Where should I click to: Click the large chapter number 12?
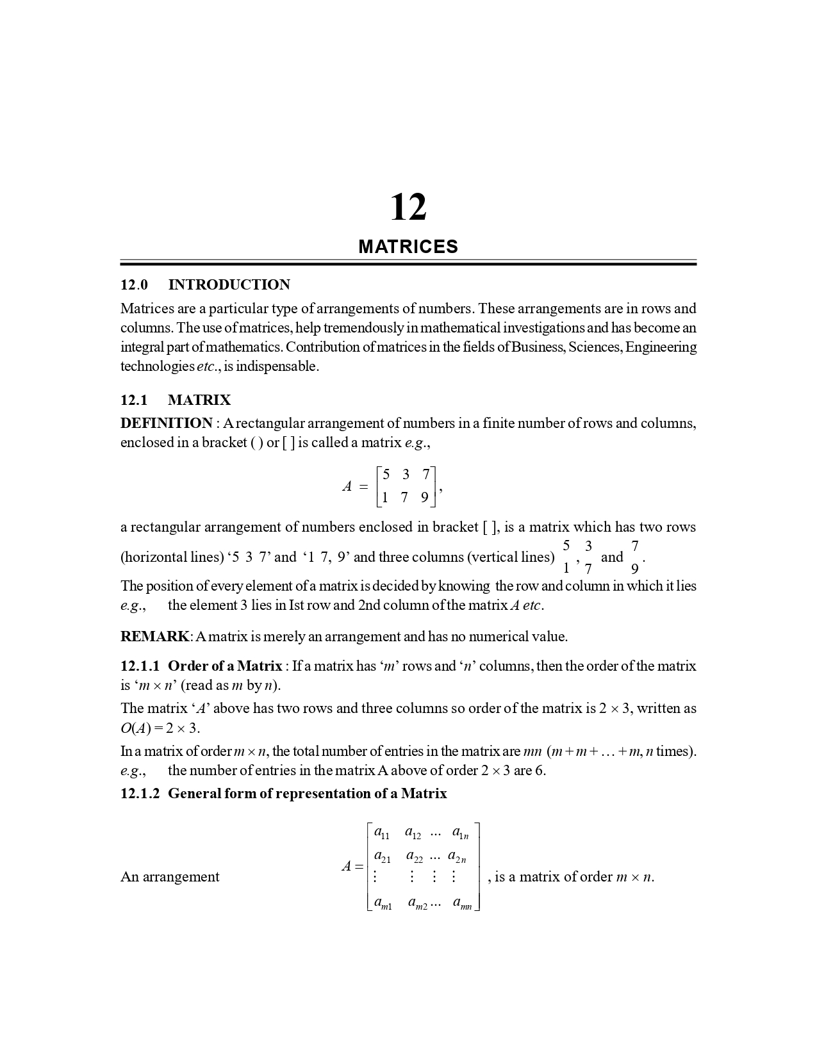point(408,208)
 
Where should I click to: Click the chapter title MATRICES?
point(408,247)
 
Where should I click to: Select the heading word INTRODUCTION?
point(229,285)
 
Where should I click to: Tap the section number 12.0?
point(134,285)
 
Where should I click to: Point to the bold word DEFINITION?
point(166,423)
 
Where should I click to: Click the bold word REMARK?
point(154,637)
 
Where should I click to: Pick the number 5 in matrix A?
point(385,475)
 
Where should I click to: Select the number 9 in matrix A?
point(424,497)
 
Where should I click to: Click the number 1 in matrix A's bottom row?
point(384,497)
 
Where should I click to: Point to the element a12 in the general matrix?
point(413,833)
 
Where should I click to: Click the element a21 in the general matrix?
point(382,856)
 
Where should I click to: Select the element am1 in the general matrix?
point(383,903)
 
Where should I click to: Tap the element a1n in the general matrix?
point(460,833)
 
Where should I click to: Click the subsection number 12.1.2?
point(140,794)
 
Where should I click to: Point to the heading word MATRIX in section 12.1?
point(199,400)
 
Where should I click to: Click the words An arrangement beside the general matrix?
point(170,876)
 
